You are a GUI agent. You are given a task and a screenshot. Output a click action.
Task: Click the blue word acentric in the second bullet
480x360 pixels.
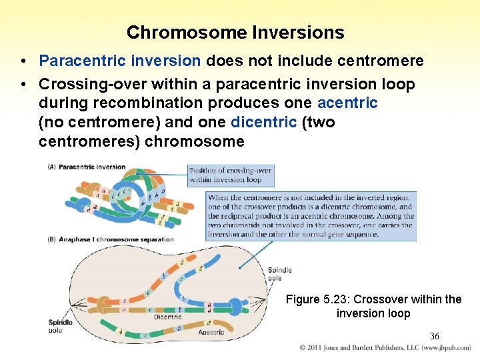point(347,103)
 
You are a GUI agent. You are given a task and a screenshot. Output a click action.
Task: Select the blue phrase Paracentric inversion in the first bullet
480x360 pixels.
point(120,61)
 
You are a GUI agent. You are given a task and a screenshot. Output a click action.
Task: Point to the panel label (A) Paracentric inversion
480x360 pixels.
point(86,167)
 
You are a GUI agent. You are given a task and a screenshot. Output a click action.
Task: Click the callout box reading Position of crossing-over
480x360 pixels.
point(231,175)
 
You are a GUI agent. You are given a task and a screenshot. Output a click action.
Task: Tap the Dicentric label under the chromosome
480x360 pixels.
point(167,317)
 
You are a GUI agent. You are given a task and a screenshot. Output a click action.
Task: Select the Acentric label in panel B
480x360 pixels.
point(211,332)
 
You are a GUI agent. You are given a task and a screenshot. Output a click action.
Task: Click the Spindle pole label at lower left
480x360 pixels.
point(60,327)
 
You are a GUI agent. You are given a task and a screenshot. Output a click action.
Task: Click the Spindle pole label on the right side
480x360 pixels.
point(279,274)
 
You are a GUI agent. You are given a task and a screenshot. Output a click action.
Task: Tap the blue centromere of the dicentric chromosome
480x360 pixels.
point(235,307)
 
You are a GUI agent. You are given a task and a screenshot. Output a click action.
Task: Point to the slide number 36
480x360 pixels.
point(434,336)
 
